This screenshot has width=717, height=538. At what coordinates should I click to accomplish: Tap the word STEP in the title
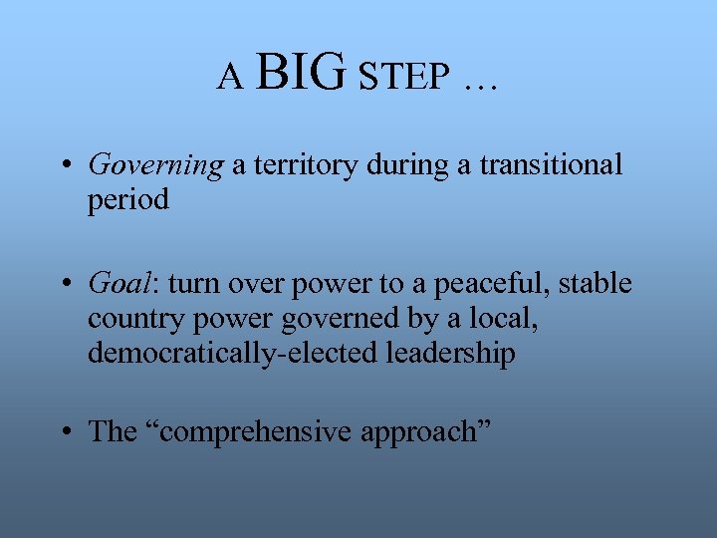click(403, 77)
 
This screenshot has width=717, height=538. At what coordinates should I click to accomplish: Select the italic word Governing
click(155, 165)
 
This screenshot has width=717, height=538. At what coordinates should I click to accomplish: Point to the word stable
click(595, 284)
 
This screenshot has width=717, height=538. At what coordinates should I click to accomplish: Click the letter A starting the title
click(231, 77)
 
